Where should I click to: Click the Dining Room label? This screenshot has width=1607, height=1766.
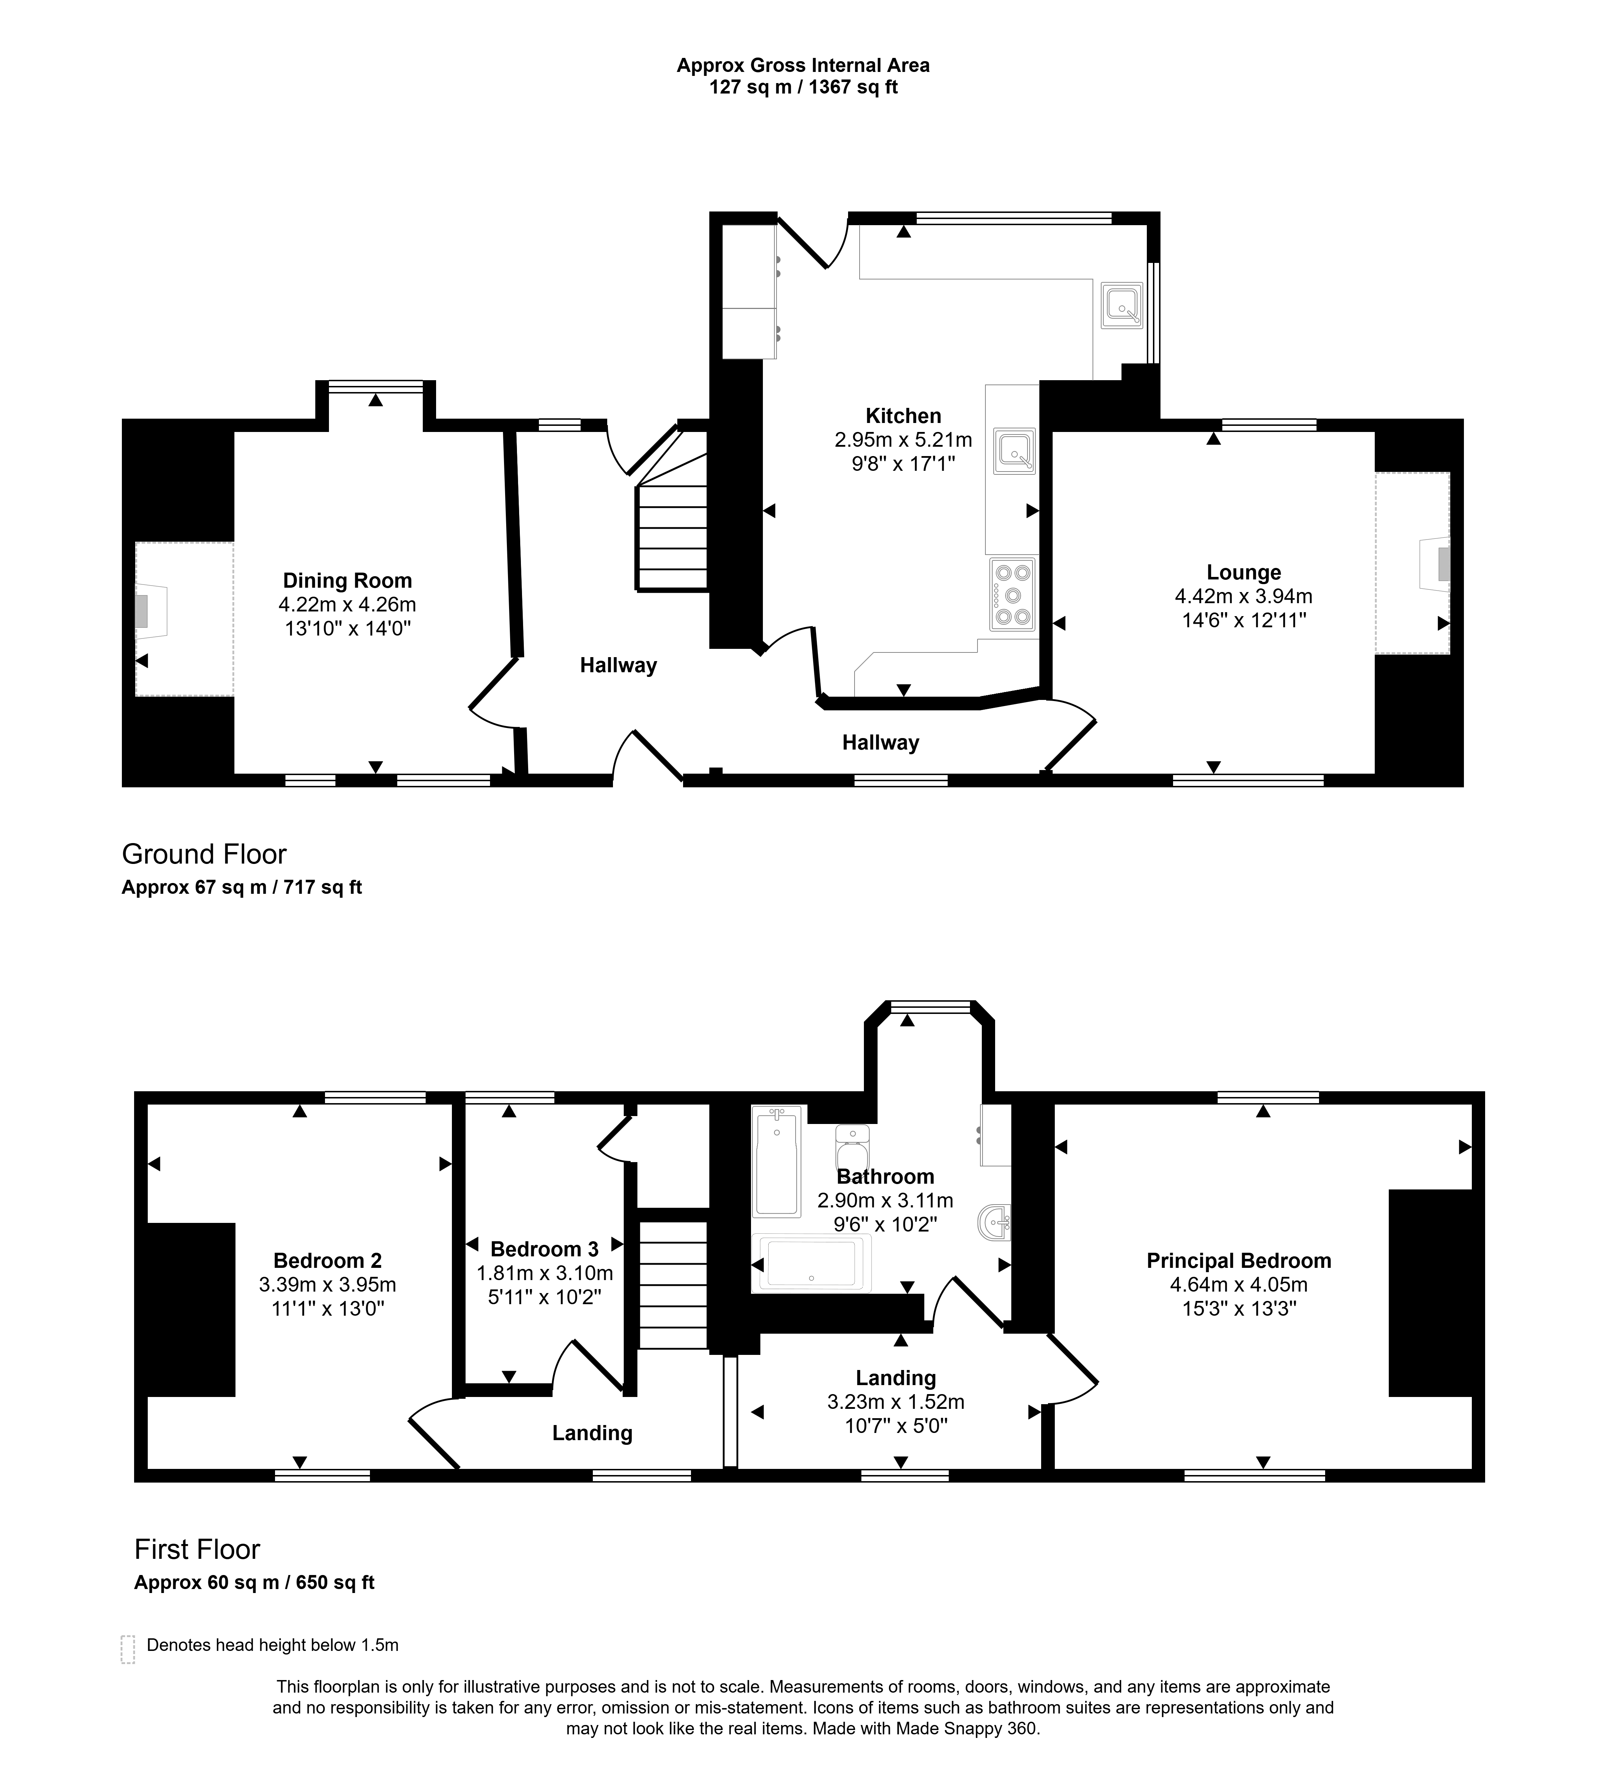[347, 581]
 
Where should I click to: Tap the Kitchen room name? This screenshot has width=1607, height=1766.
[903, 416]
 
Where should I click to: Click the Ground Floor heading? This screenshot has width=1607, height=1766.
[204, 854]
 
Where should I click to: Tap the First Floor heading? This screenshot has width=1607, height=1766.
[197, 1549]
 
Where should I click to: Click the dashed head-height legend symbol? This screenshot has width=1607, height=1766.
[128, 1649]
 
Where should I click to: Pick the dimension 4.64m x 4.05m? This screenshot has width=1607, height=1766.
[1238, 1285]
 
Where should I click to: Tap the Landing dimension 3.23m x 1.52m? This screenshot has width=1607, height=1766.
[895, 1402]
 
